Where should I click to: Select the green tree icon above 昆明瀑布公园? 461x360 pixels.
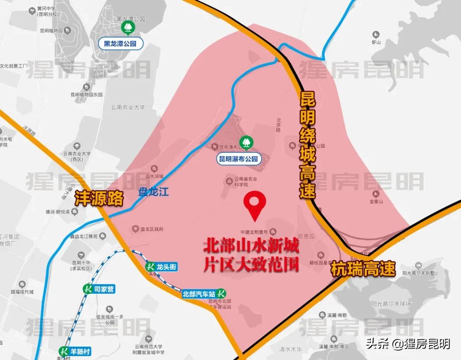click(x=245, y=141)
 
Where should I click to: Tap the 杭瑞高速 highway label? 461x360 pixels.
click(x=363, y=269)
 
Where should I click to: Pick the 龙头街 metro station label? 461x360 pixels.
click(x=161, y=267)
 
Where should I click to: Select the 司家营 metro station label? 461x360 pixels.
click(x=99, y=289)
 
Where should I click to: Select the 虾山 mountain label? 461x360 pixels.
click(x=376, y=42)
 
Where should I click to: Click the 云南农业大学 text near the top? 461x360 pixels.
click(x=128, y=107)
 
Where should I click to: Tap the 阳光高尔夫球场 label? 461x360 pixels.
click(x=391, y=304)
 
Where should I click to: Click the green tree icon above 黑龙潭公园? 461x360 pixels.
click(x=127, y=28)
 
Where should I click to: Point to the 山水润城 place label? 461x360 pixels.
click(x=155, y=176)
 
